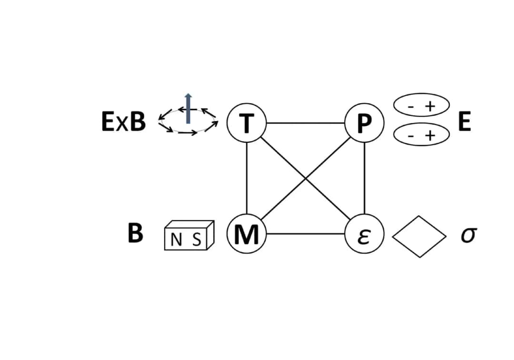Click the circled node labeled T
(x=247, y=123)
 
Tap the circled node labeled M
(x=247, y=234)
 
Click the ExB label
(x=123, y=122)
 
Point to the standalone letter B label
(x=136, y=234)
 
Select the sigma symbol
(x=468, y=235)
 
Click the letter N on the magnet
(x=176, y=240)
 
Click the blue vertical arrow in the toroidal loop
(x=188, y=108)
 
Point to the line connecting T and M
(x=247, y=179)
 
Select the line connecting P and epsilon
(x=365, y=179)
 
